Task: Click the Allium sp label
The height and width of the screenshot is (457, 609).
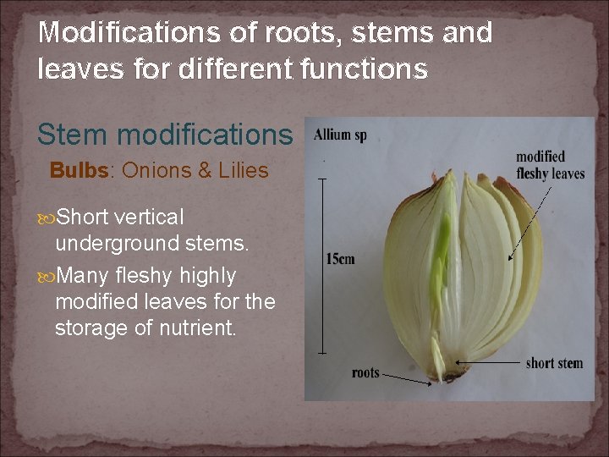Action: (340, 135)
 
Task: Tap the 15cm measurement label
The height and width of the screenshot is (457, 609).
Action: (340, 259)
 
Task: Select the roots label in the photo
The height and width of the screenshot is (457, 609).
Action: (365, 372)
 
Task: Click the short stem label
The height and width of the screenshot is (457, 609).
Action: (554, 363)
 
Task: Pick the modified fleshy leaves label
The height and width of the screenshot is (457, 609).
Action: (550, 165)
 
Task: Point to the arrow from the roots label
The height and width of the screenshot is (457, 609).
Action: (407, 378)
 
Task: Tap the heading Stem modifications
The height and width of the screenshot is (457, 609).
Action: (165, 134)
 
